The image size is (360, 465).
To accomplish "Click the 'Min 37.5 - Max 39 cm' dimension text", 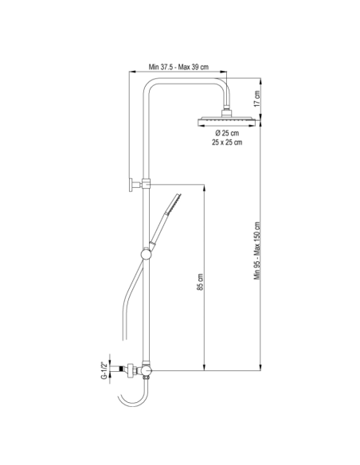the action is coord(178,67).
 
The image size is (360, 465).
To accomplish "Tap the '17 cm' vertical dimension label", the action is coord(256,99).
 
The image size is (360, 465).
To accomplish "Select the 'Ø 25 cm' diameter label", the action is coord(227,133).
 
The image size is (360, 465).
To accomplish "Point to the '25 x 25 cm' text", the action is coord(227,143).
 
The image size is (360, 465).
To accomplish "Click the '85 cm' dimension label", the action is coord(200,282).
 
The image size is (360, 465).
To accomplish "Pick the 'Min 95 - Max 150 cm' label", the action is coord(256,251).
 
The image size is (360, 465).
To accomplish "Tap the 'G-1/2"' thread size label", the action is coord(104,370).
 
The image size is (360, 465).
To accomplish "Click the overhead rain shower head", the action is coord(226,121).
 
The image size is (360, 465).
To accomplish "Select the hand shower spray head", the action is coord(174,204).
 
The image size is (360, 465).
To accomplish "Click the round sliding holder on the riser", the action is coord(146,254).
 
